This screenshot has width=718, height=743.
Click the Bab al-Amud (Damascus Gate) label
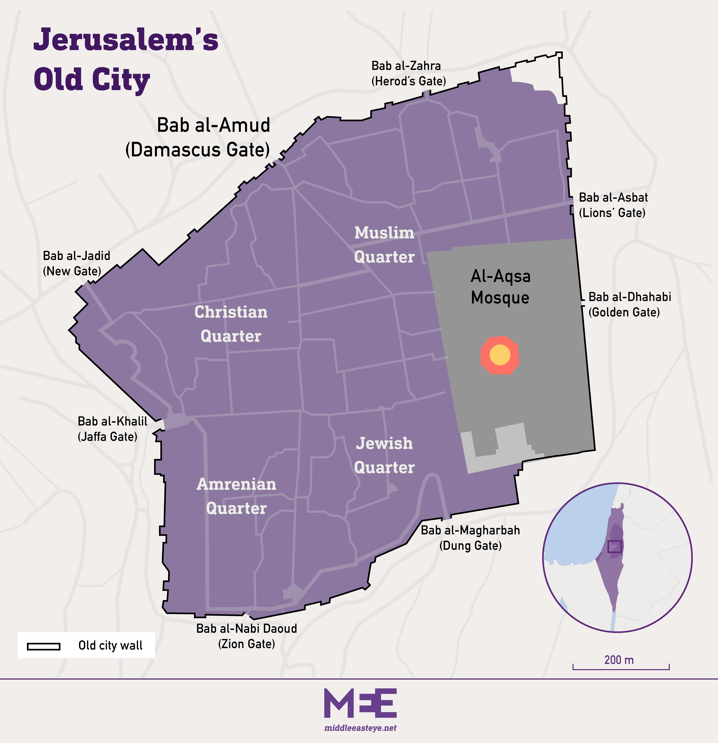tap(198, 137)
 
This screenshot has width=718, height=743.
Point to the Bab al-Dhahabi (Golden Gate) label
tap(629, 304)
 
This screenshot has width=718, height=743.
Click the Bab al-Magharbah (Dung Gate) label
tap(470, 538)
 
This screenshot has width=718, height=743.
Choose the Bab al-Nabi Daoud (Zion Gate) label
tap(246, 636)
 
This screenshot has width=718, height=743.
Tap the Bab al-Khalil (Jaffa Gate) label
tap(112, 429)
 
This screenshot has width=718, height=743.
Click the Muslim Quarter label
tap(384, 245)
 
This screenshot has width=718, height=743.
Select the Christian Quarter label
tap(231, 324)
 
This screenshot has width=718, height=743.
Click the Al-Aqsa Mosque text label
tap(500, 287)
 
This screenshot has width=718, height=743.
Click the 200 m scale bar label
tap(619, 660)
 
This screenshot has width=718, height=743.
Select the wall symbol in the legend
tap(44, 646)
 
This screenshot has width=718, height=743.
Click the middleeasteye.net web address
tap(360, 728)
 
